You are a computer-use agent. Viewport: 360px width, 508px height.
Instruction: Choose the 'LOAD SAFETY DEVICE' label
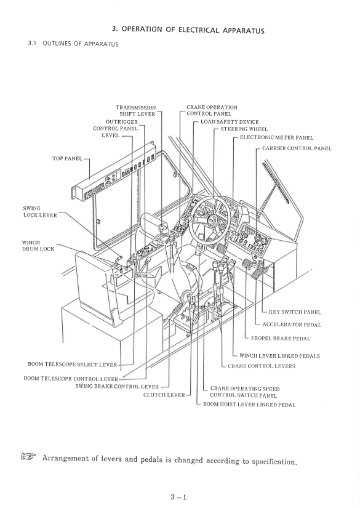click(x=230, y=123)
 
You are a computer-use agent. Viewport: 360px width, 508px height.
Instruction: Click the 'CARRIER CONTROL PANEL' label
click(x=297, y=148)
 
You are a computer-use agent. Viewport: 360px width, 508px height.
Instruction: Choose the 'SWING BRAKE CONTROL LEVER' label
click(x=121, y=386)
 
